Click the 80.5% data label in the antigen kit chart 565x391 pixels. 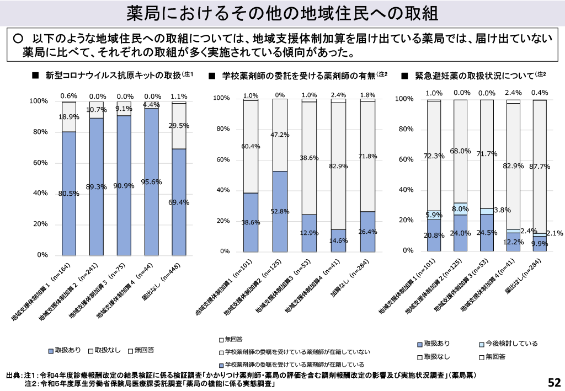coord(69,194)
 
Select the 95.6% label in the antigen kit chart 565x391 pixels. coord(151,181)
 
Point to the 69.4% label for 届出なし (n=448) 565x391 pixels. coord(179,202)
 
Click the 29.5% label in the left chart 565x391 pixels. coord(179,126)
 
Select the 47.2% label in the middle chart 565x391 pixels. coord(280,135)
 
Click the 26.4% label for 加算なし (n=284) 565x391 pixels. coord(367,232)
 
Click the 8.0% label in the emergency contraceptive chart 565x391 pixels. coord(460,209)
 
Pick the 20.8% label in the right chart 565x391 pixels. coord(434,235)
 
